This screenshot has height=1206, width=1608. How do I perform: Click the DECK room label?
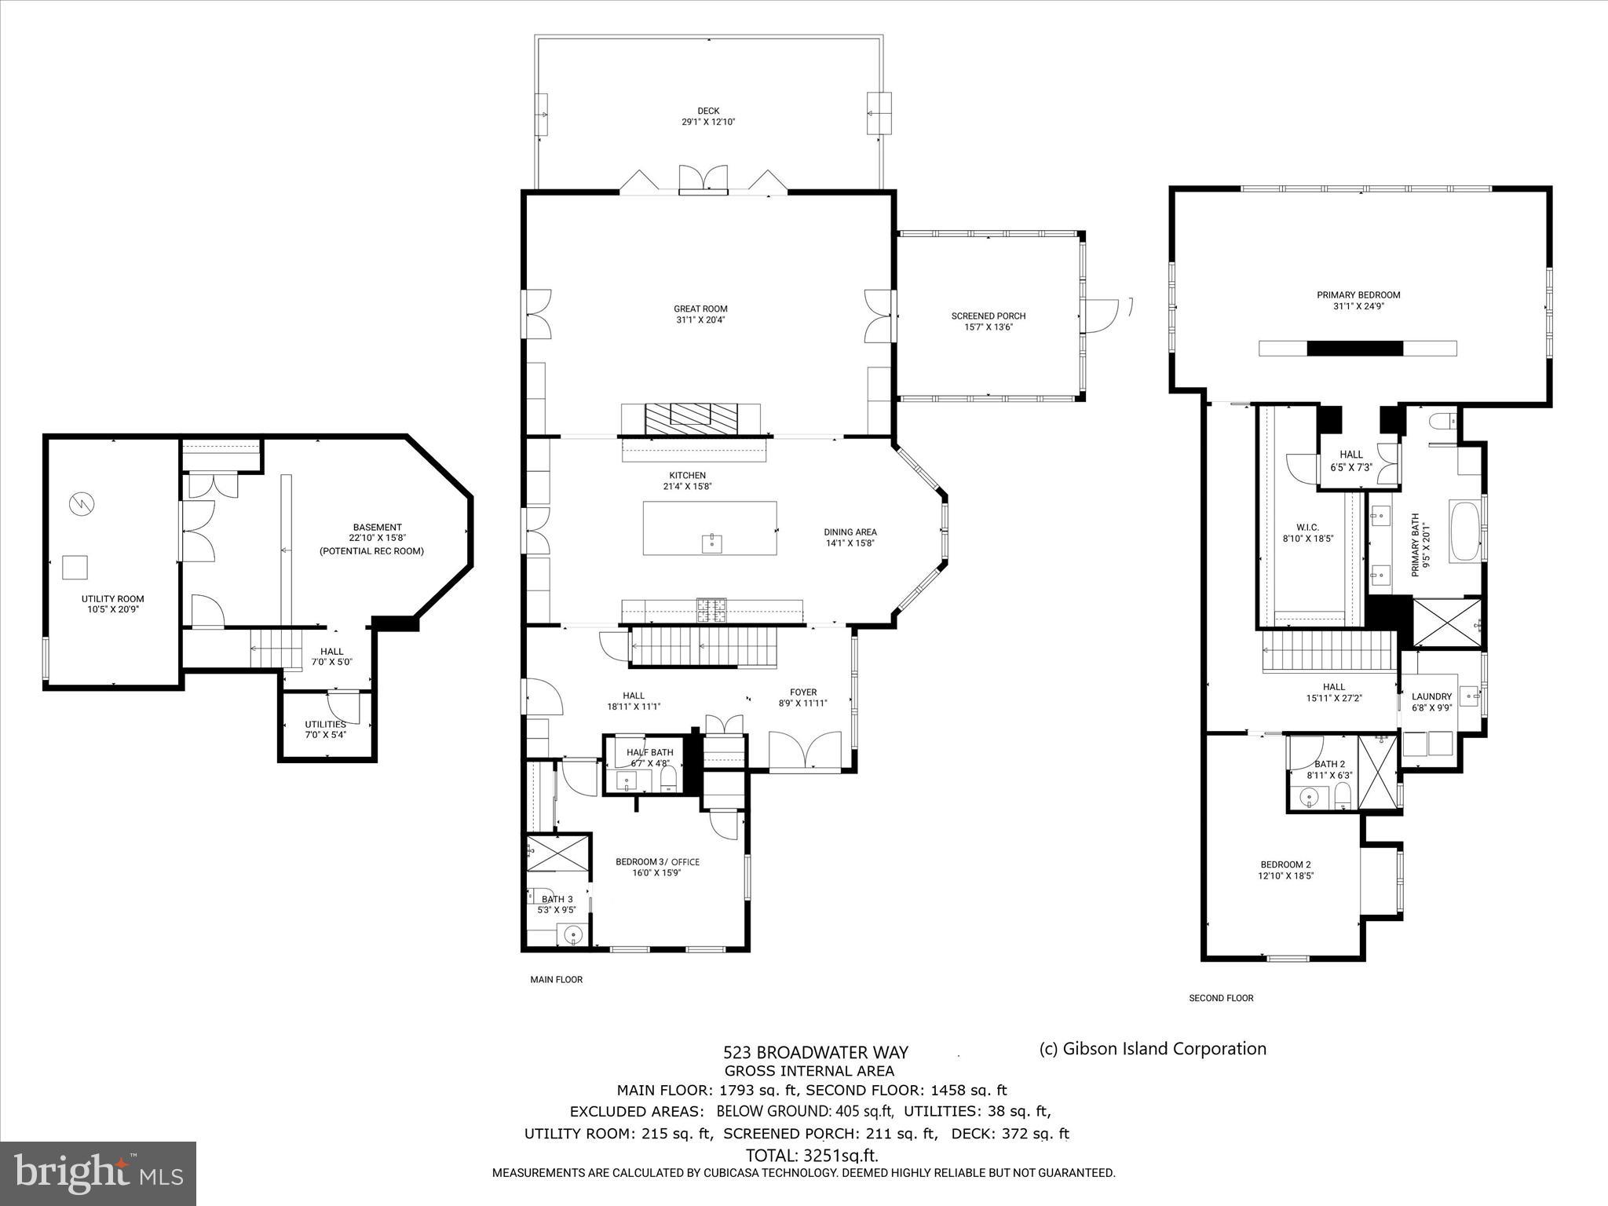pos(708,111)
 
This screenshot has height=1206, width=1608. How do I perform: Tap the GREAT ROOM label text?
pos(700,309)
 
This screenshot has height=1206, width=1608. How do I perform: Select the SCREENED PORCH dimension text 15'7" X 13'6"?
pos(989,327)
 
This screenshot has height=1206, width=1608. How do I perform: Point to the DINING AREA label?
pos(850,532)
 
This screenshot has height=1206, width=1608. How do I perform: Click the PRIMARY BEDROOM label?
pos(1358,295)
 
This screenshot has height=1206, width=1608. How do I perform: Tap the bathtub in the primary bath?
pos(1463,532)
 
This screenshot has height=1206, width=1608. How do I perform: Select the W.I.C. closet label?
pos(1307,528)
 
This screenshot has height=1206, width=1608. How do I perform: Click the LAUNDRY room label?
pos(1431,696)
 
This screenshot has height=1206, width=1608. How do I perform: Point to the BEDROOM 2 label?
pos(1285,864)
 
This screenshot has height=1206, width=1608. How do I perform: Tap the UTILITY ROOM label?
pos(113,599)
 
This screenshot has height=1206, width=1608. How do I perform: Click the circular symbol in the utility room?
pos(80,503)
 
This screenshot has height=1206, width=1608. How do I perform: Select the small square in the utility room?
pos(75,567)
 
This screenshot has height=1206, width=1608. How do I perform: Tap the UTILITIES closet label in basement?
pos(325,725)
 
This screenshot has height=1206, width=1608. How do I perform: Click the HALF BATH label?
pos(649,752)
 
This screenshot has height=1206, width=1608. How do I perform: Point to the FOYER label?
pos(803,693)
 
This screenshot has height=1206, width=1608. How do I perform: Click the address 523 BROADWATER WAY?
pos(815,1053)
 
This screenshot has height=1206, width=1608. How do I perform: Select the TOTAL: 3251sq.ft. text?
pos(812,1156)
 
